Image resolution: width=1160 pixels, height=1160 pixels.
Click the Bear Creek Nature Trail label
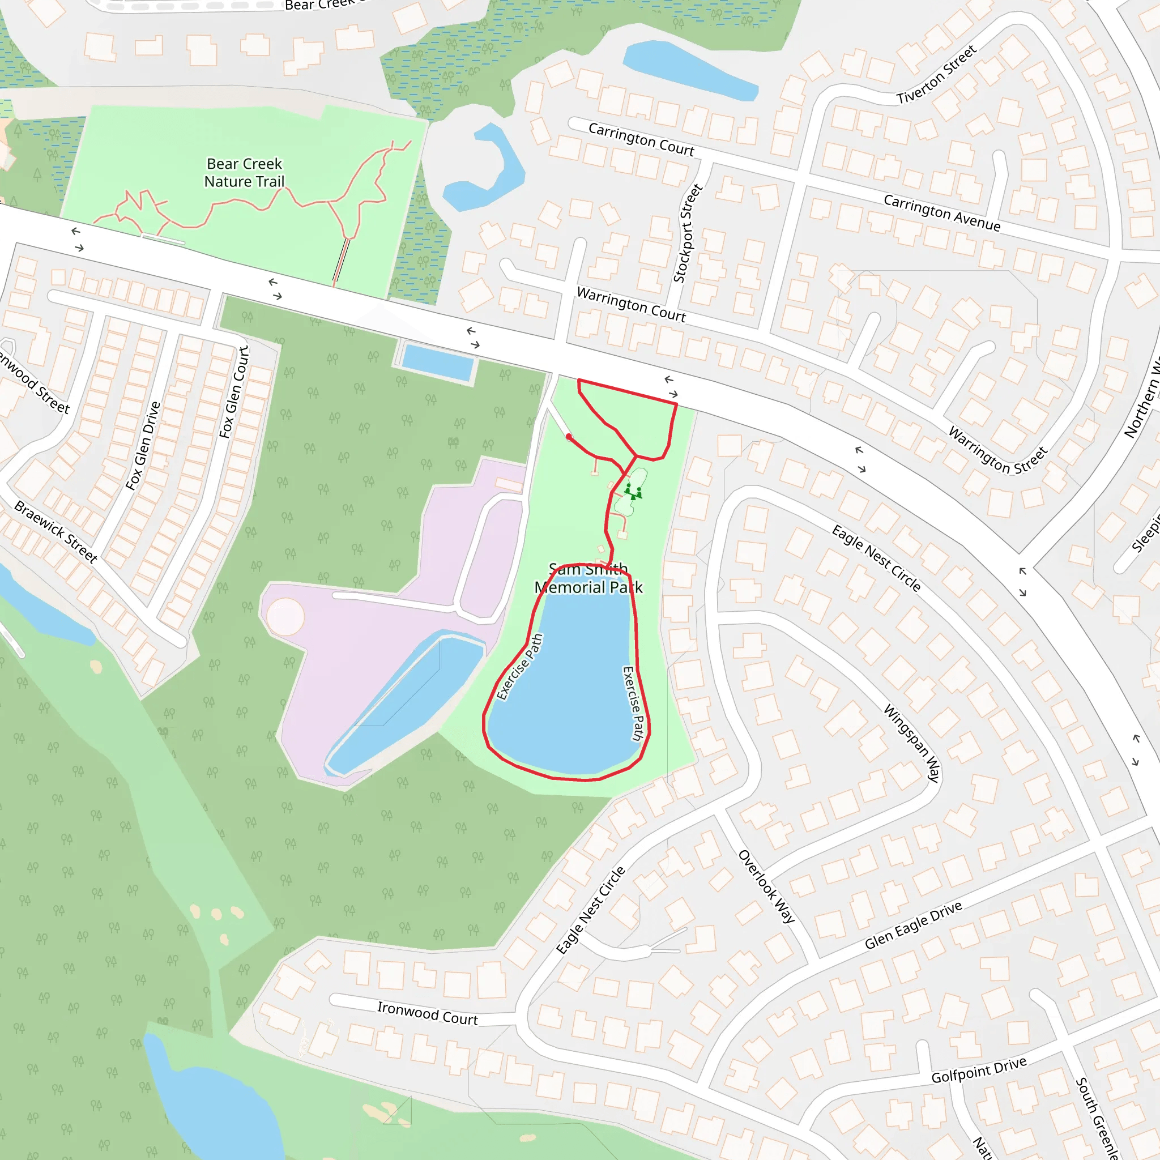coord(244,172)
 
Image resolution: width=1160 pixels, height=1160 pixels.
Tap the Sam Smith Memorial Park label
coord(588,578)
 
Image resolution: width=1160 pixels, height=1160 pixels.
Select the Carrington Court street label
coord(641,139)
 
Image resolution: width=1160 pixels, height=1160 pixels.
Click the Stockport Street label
coord(688,233)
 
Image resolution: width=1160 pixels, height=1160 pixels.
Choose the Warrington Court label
coord(630,304)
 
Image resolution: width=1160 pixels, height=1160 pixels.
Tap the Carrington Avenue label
coord(941,212)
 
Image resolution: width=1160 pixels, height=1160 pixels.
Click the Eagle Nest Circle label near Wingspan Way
coord(876,558)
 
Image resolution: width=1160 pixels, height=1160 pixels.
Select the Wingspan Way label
coord(911,743)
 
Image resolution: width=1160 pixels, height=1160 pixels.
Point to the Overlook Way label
coord(766,886)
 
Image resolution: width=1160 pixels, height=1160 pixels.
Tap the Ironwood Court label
coord(427,1013)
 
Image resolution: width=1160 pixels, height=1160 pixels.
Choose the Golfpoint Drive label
coord(978,1070)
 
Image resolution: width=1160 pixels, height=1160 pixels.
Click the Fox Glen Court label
coord(233,392)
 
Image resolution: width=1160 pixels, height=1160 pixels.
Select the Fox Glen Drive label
coord(143,446)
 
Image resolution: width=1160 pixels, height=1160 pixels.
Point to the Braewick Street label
coord(56,531)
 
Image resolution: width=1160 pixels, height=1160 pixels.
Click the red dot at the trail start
coord(569,437)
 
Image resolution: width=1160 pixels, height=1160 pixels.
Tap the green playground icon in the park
coord(633,492)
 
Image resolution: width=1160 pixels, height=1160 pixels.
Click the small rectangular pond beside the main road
coord(437,362)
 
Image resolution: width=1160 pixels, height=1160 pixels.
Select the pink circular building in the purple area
coord(285,617)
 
